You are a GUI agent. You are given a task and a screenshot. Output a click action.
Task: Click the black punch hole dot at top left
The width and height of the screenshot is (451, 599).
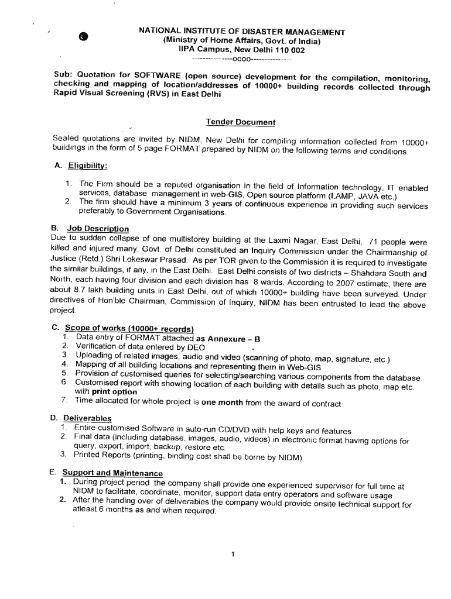pyautogui.click(x=84, y=36)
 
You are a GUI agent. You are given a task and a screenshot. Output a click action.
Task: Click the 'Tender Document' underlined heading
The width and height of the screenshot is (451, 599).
pyautogui.click(x=240, y=122)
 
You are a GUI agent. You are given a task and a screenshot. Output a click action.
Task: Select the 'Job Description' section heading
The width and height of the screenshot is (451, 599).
pyautogui.click(x=98, y=229)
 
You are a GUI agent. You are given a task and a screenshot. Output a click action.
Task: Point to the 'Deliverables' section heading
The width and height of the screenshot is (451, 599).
pyautogui.click(x=87, y=418)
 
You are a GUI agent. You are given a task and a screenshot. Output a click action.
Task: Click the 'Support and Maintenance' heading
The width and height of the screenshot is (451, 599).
pyautogui.click(x=112, y=473)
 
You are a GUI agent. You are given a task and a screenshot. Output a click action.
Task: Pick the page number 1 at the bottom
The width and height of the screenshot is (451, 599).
pyautogui.click(x=233, y=555)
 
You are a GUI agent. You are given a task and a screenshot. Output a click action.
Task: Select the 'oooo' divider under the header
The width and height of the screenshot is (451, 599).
pyautogui.click(x=241, y=60)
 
